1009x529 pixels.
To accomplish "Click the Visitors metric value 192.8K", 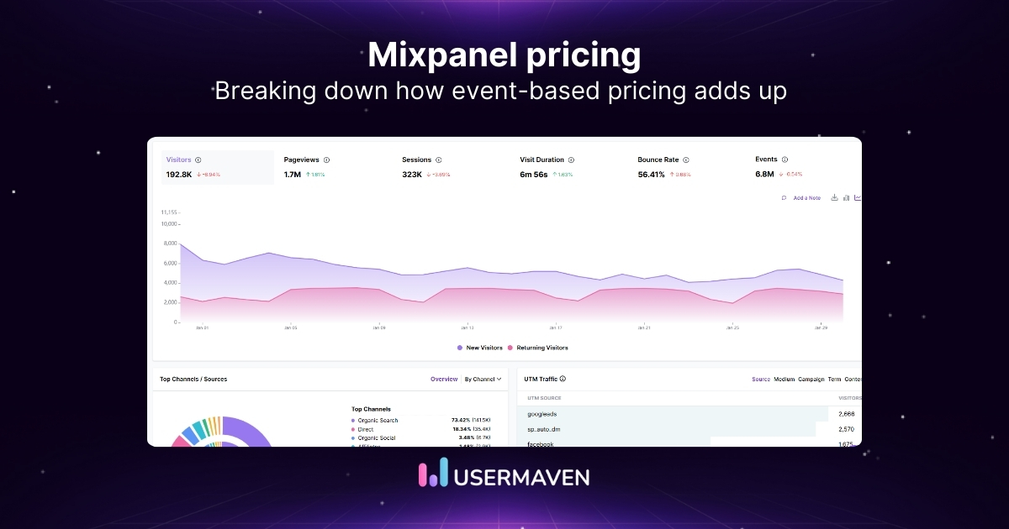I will pos(179,175).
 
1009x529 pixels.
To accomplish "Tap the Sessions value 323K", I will pos(412,175).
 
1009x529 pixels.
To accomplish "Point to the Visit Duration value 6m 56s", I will pos(534,175).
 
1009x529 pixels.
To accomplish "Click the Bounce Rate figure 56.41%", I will pos(651,175).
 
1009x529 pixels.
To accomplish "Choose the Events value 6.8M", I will pos(764,175).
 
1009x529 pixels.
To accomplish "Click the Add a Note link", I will pos(806,198).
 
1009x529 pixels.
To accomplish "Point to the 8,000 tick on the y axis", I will pos(169,244).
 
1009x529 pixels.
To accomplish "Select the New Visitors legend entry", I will pos(484,348).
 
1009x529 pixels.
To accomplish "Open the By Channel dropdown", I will pos(483,380).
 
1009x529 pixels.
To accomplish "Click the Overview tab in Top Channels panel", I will pos(444,380).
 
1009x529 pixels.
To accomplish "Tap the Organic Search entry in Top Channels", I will pos(377,420).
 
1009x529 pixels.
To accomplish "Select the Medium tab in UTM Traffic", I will pos(784,380).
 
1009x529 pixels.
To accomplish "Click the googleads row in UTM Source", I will pos(542,414).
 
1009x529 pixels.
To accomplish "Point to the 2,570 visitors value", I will pos(846,429).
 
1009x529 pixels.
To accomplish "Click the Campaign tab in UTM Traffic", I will pos(811,380).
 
